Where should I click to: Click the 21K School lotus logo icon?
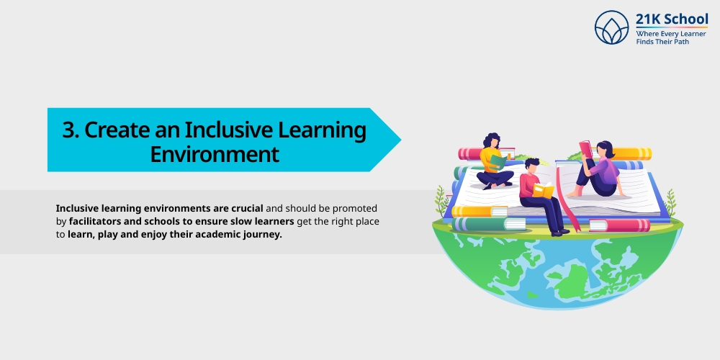click(612, 27)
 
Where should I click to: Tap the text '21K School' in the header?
click(672, 19)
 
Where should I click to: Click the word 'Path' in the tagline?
click(695, 42)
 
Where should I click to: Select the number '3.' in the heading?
click(70, 130)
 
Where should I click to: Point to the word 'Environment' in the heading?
click(214, 154)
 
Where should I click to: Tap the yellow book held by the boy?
click(544, 190)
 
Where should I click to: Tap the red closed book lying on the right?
click(619, 225)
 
